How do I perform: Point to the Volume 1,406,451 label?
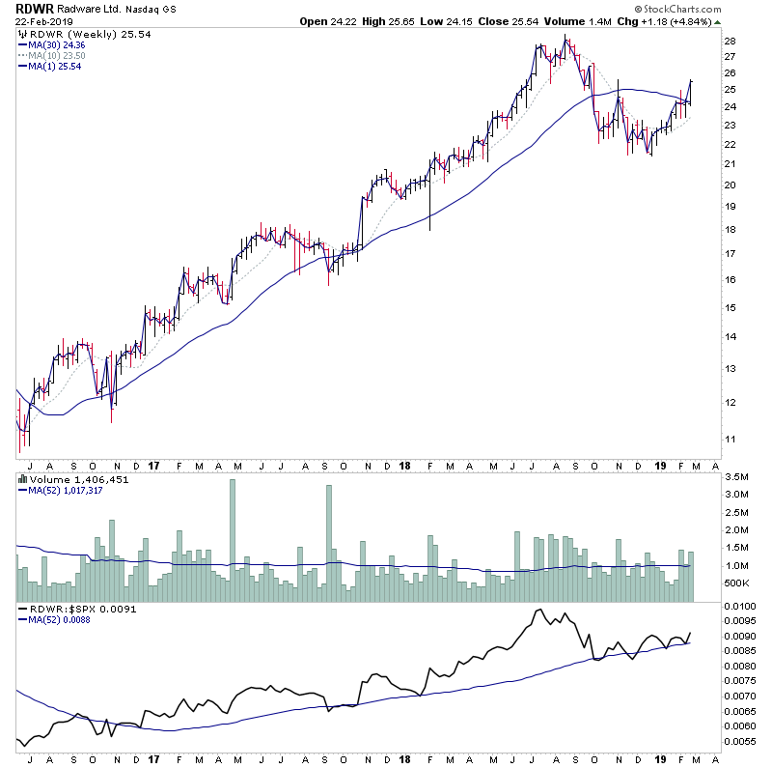(x=62, y=480)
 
